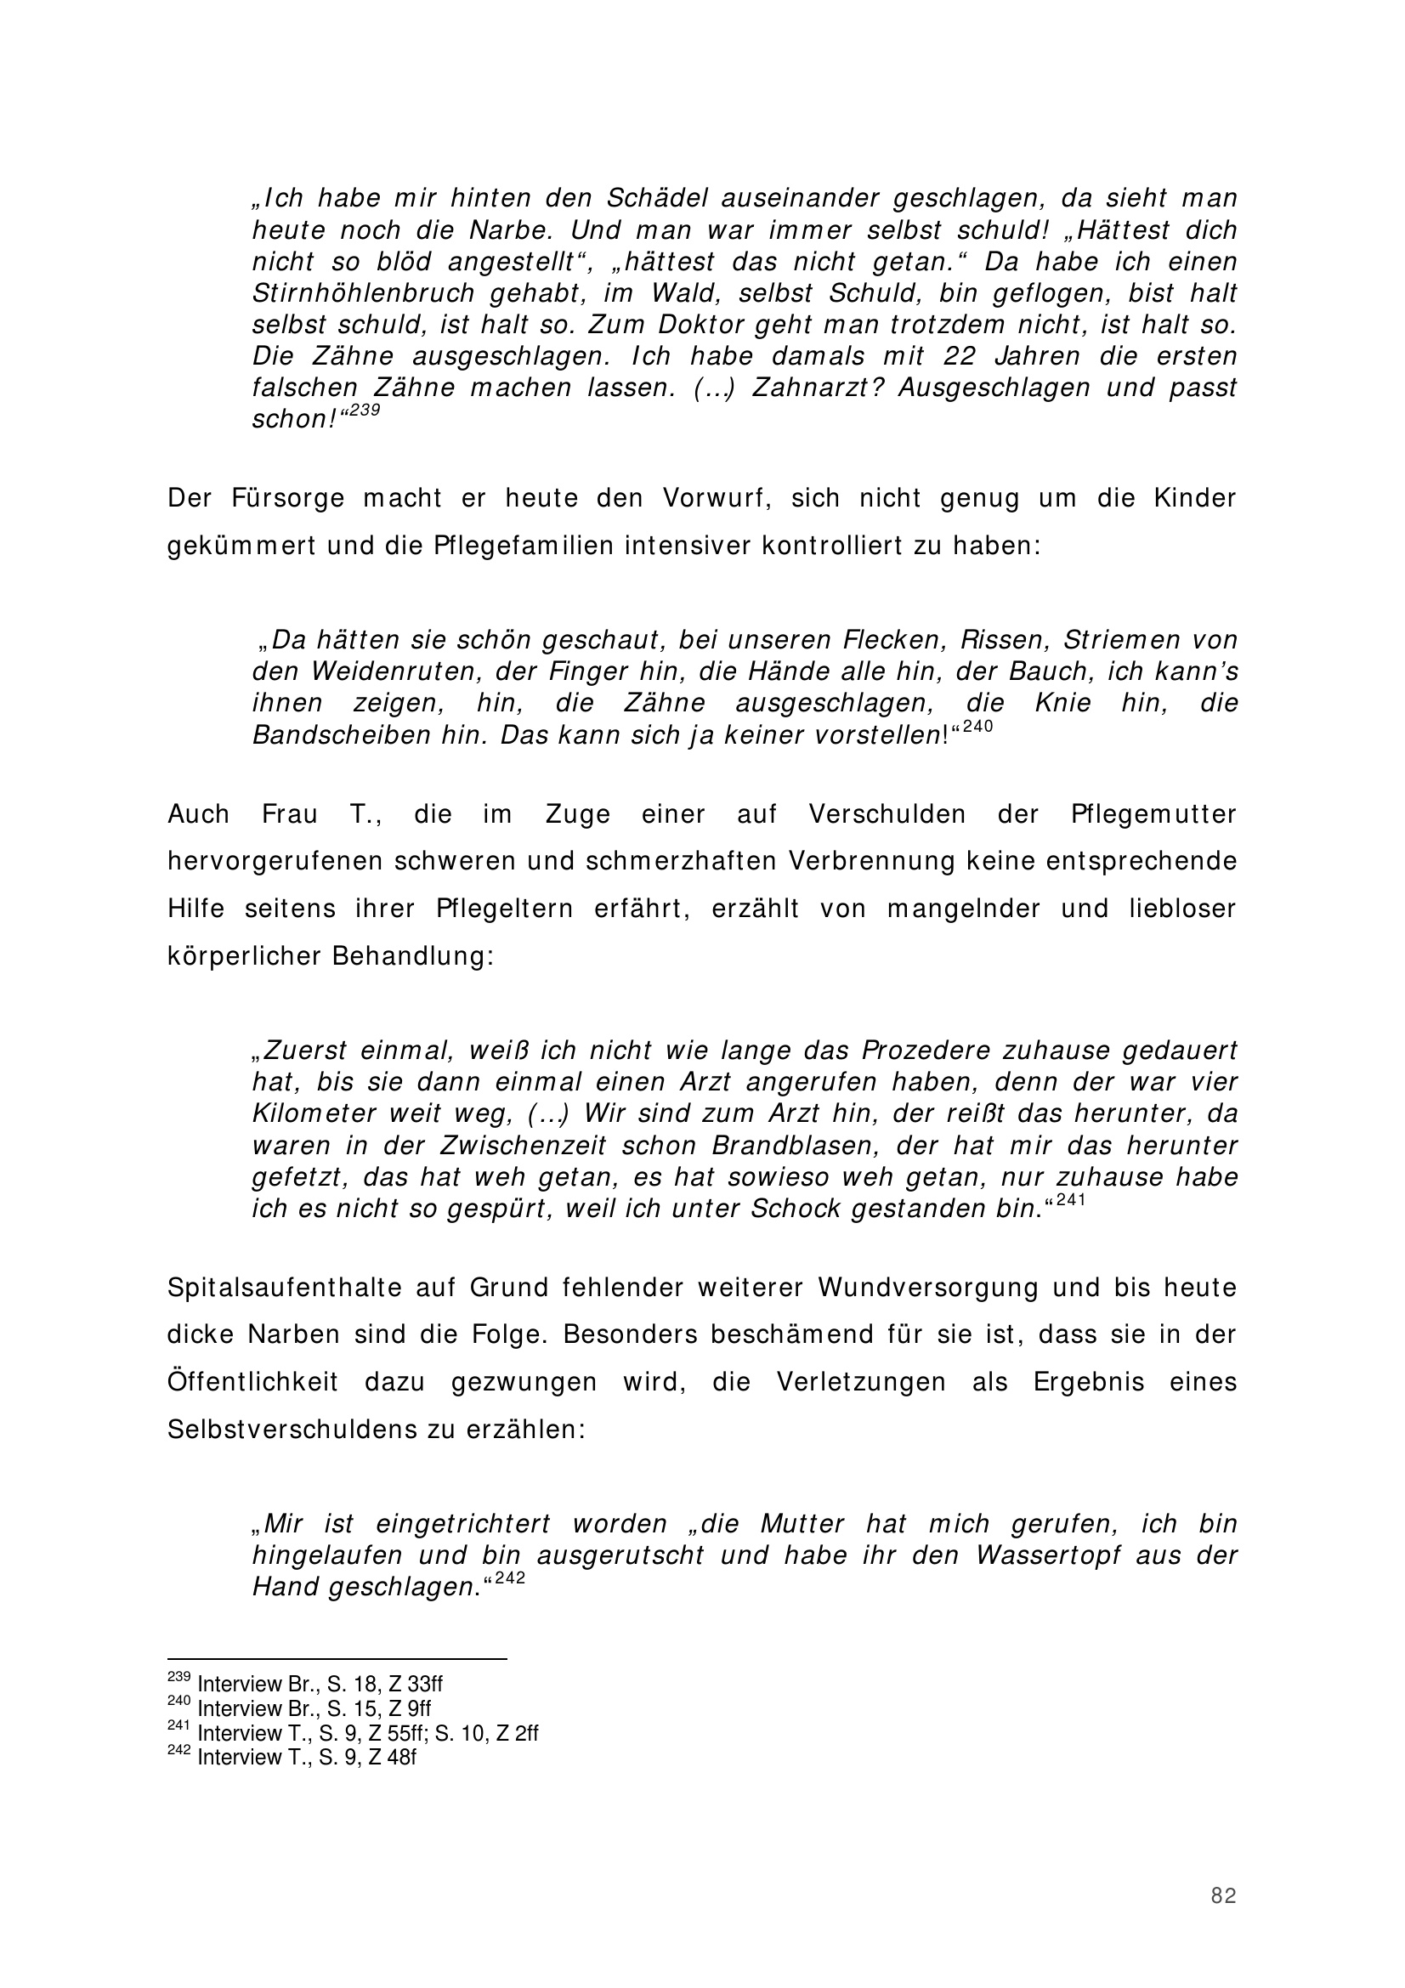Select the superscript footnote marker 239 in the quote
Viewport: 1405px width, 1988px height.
365,412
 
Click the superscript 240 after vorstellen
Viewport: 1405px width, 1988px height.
977,728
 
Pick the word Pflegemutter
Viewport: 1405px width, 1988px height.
1154,815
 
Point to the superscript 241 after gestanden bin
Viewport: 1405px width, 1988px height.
1071,1202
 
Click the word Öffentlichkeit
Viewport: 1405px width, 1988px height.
252,1382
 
